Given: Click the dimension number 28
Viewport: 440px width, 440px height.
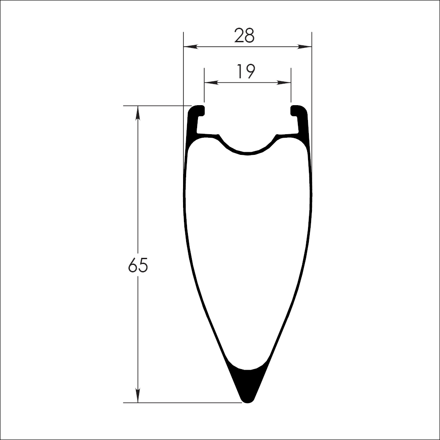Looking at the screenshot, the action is tap(244, 36).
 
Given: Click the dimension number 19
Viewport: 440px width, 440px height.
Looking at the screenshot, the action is tap(246, 71).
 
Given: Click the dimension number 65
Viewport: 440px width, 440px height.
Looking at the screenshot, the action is tap(138, 265).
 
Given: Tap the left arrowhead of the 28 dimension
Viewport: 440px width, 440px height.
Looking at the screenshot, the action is tap(191, 47).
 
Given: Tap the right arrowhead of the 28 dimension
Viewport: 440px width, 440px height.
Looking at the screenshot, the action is tap(304, 47).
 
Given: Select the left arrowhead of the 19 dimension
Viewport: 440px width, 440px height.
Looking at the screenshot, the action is tap(212, 83).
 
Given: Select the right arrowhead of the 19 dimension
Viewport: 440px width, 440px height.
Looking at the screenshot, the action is tap(284, 83).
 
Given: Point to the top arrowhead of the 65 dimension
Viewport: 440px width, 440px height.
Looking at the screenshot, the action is tap(138, 113).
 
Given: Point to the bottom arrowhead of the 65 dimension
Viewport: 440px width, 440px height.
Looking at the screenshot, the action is tap(138, 396).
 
